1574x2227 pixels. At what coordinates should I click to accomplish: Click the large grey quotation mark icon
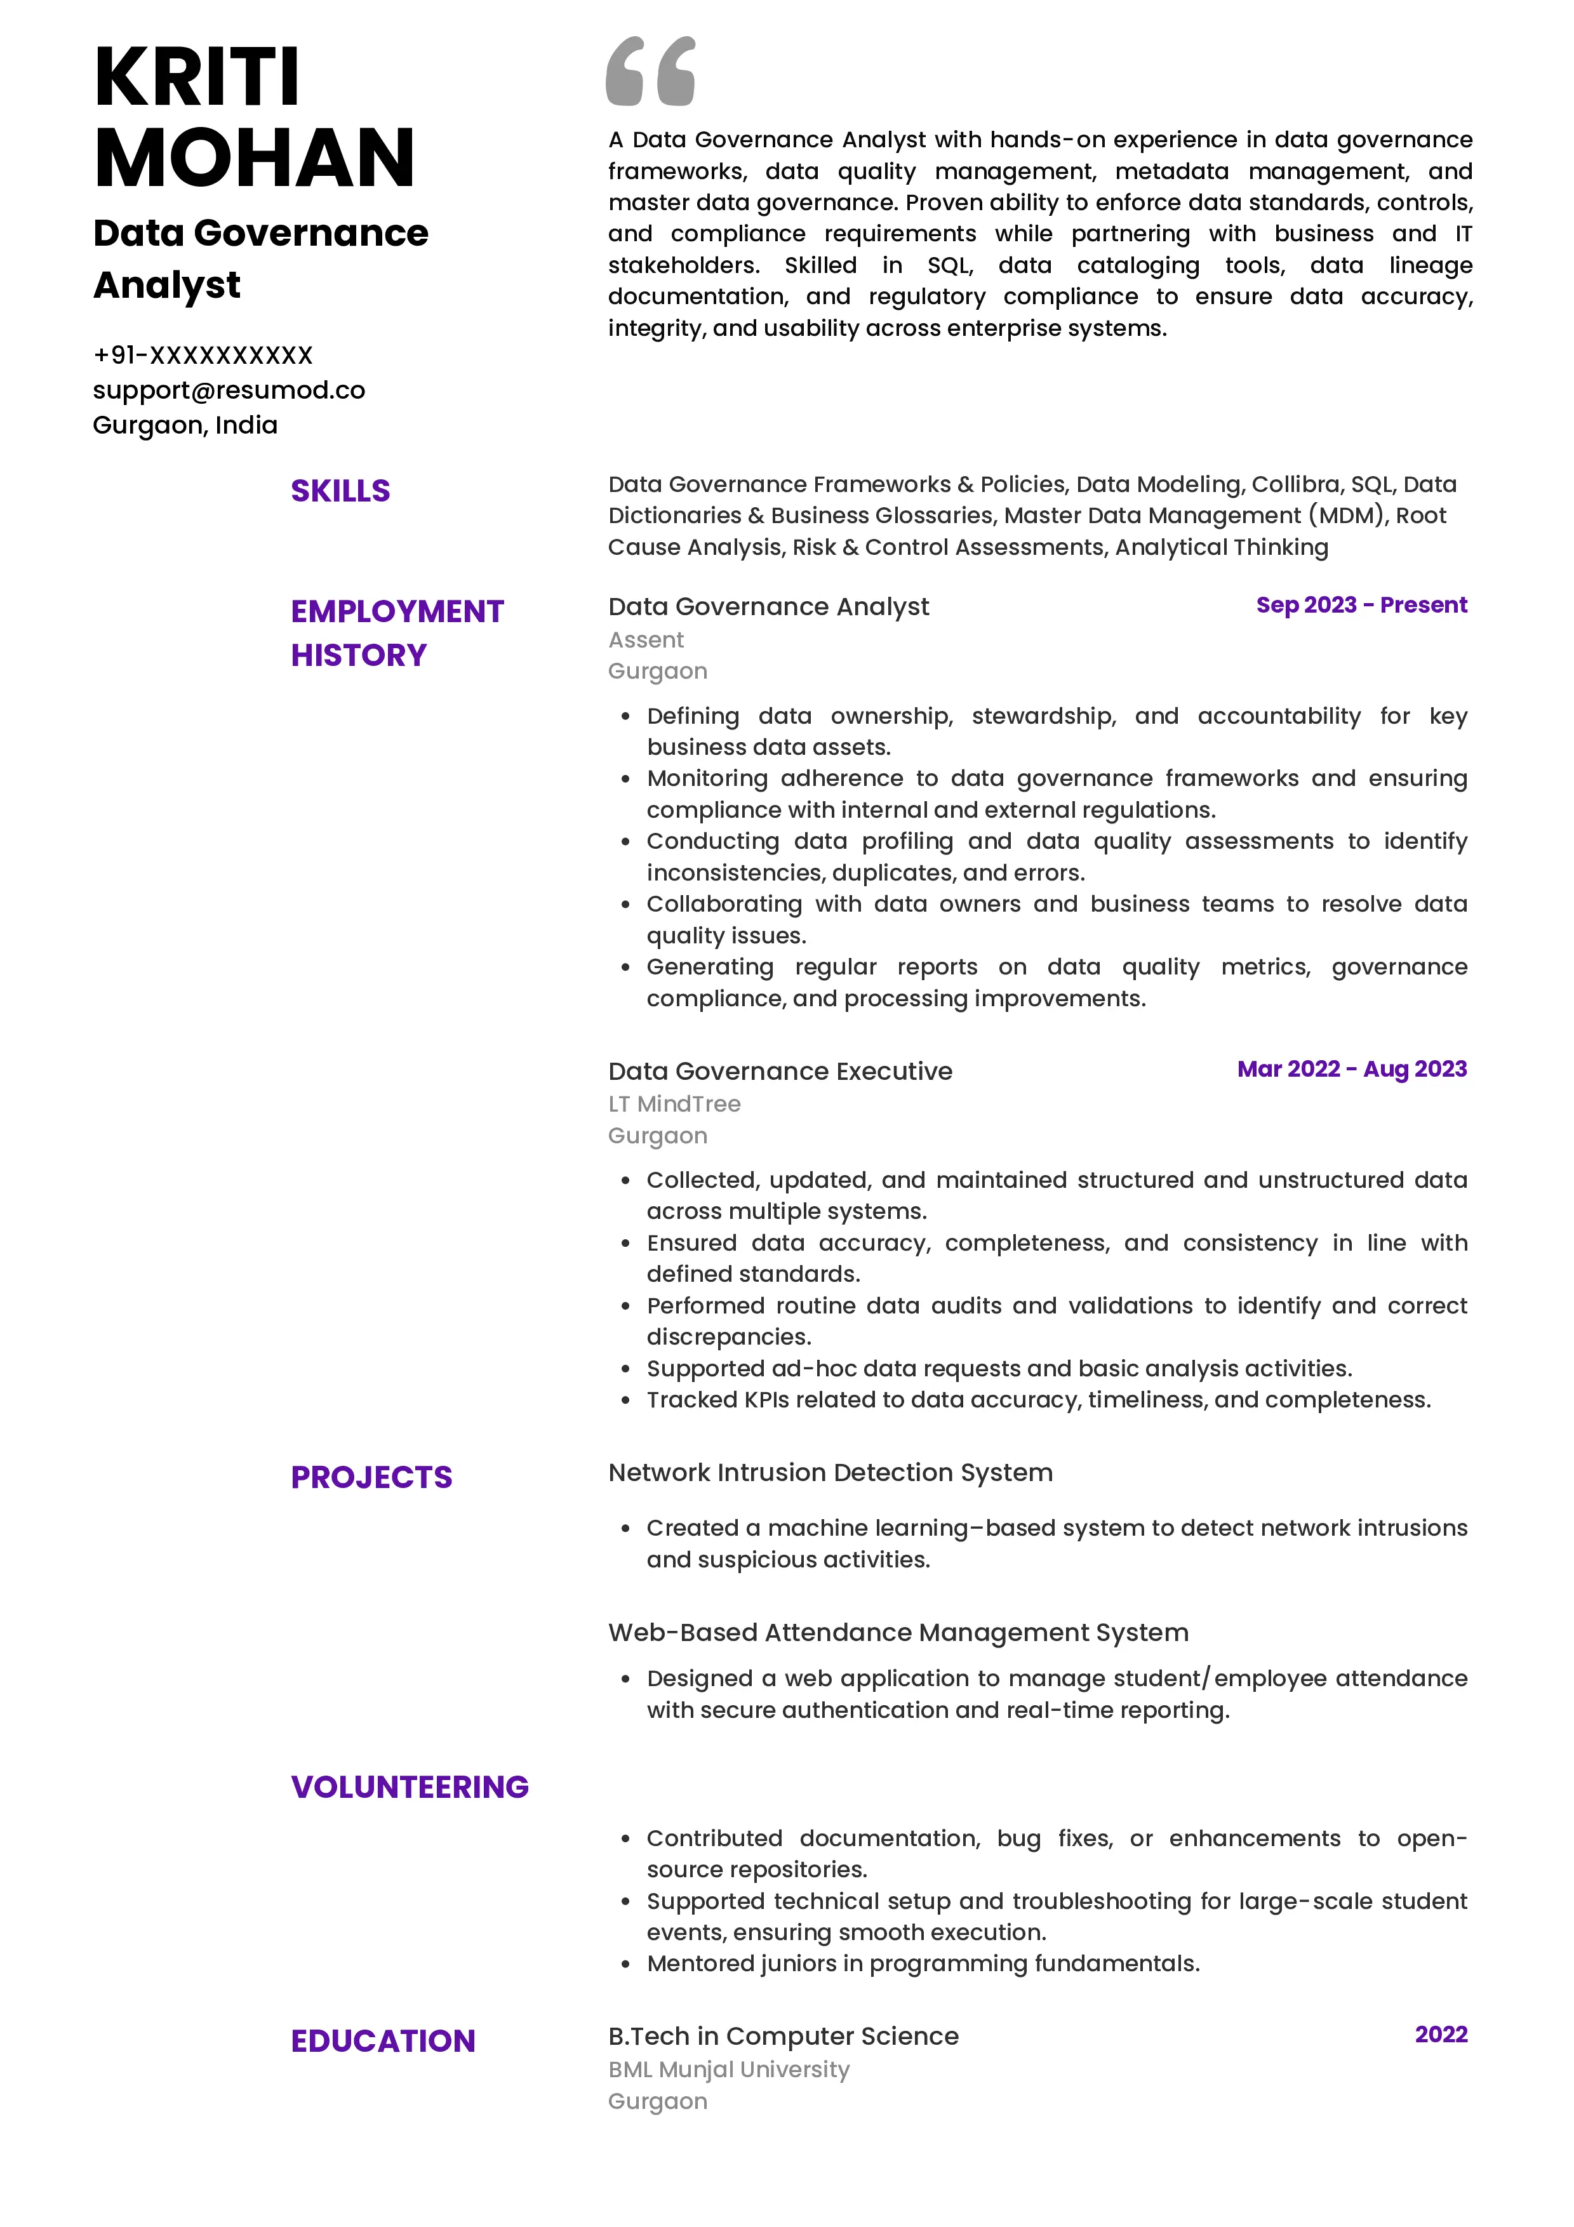[650, 71]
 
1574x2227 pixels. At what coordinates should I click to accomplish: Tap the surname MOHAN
[254, 158]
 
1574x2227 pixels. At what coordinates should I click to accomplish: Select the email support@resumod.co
[229, 390]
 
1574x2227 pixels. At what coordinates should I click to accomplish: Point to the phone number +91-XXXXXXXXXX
[203, 355]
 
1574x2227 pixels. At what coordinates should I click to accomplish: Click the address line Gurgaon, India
[185, 425]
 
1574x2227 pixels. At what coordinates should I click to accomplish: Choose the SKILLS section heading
[340, 491]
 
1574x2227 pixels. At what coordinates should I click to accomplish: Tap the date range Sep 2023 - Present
[1361, 605]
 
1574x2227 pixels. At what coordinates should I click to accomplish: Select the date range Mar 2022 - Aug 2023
[1351, 1069]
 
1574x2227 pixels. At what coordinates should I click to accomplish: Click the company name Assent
[646, 640]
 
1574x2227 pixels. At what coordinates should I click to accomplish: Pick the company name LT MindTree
[674, 1104]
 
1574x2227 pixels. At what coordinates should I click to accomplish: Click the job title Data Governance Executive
[780, 1071]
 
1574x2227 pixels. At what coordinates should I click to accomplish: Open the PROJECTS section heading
[371, 1477]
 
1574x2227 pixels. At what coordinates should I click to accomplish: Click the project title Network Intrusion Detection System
[830, 1472]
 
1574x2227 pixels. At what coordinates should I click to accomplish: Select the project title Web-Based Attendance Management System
[898, 1632]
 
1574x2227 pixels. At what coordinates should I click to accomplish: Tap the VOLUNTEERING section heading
[410, 1786]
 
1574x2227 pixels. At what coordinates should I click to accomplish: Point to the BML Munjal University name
[728, 2070]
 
